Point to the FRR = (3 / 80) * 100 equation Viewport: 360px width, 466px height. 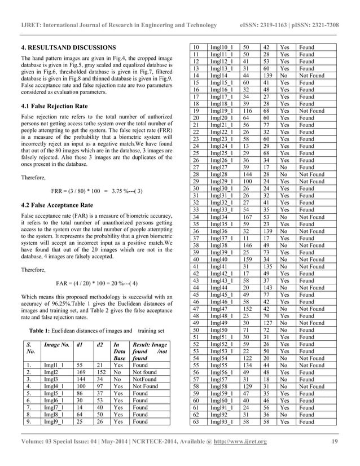pos(95,190)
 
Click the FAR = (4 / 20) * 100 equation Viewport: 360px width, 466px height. pos(97,283)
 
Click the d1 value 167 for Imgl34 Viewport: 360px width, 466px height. pos(248,217)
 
